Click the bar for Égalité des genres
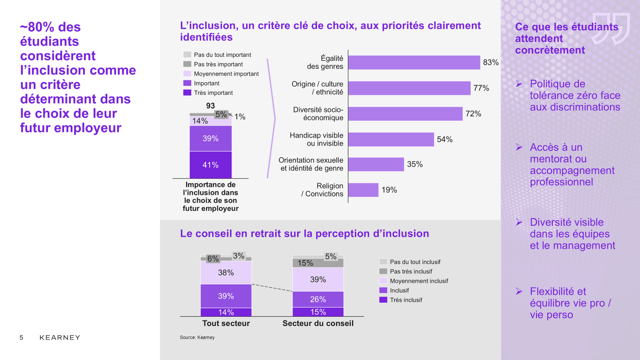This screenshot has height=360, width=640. click(x=414, y=62)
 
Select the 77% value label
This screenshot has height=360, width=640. click(x=481, y=88)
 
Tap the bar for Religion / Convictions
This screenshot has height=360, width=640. click(x=363, y=190)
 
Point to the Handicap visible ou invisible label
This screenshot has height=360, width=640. click(x=316, y=139)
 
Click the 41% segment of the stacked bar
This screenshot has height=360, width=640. click(x=210, y=165)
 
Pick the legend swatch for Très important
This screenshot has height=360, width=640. click(x=187, y=93)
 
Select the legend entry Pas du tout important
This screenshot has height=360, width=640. click(x=222, y=55)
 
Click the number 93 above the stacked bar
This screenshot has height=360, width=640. click(x=210, y=106)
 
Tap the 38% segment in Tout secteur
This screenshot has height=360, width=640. click(x=226, y=272)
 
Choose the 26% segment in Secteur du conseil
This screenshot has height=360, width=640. click(x=318, y=299)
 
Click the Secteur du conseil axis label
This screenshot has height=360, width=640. click(x=318, y=323)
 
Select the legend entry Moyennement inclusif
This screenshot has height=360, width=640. click(x=419, y=281)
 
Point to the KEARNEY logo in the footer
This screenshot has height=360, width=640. click(x=60, y=338)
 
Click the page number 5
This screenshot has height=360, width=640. click(x=22, y=338)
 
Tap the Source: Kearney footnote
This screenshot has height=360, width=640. click(x=197, y=338)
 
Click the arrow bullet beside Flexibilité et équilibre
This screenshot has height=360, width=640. click(x=519, y=292)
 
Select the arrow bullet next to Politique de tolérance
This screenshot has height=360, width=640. click(x=519, y=84)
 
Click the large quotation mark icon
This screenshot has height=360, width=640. click(x=611, y=28)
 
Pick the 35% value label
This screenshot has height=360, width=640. click(x=415, y=164)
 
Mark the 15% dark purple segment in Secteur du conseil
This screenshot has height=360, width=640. click(x=318, y=312)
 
